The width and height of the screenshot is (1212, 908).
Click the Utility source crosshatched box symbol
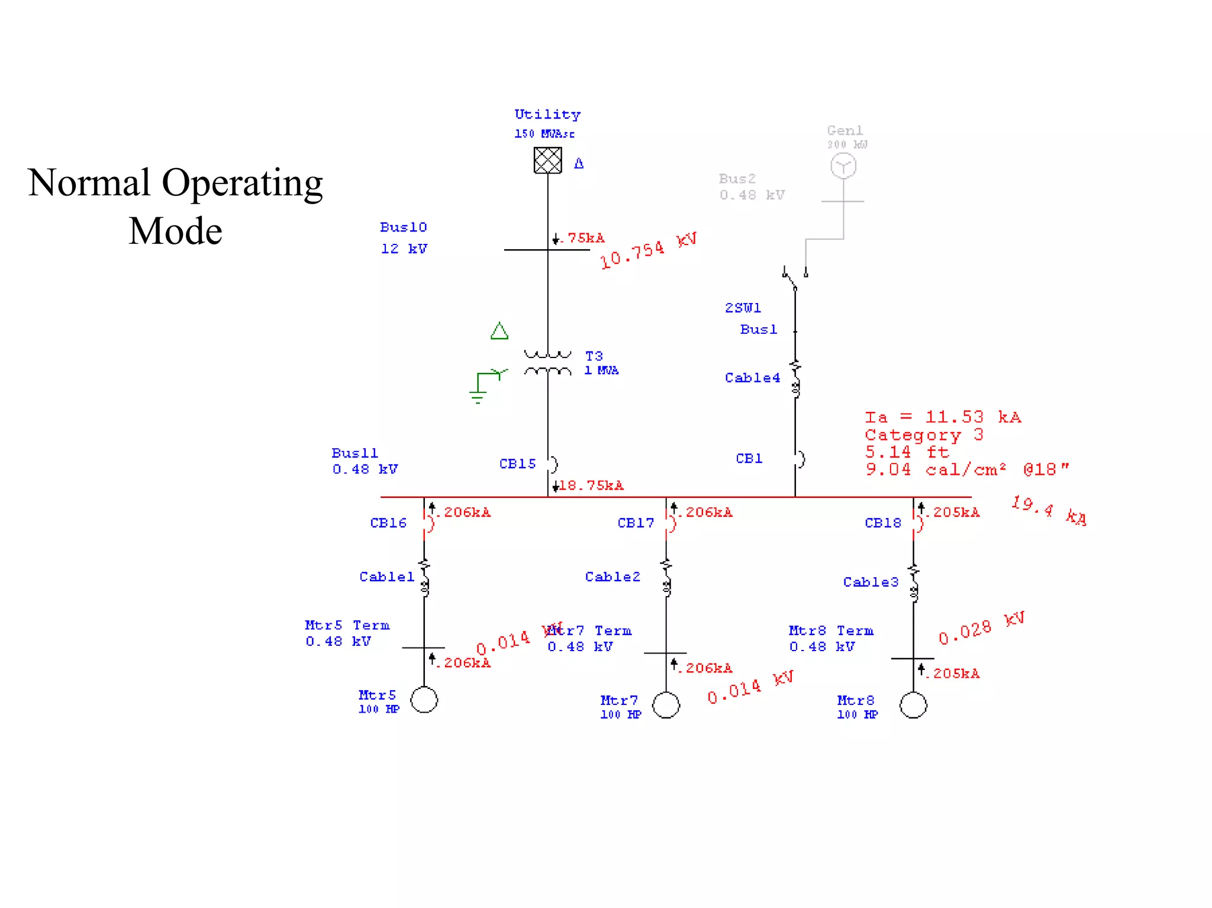click(547, 160)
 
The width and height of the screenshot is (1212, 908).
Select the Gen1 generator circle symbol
click(843, 166)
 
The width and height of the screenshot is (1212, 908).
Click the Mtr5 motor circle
click(424, 700)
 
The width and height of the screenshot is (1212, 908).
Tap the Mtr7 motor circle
click(666, 705)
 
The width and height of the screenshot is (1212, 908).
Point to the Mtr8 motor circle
click(913, 705)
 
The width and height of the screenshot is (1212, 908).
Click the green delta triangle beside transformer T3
click(499, 331)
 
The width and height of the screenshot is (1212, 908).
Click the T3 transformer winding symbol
click(547, 363)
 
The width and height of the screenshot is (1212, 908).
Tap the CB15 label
click(517, 464)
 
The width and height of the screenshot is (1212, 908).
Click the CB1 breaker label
click(749, 459)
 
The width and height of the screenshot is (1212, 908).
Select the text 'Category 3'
click(924, 435)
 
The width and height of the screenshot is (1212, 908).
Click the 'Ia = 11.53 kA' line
click(943, 417)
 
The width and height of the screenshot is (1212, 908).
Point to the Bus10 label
click(403, 227)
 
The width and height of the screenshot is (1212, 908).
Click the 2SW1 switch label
click(743, 308)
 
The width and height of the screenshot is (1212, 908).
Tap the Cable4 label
click(752, 378)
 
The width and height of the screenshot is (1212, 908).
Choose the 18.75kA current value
click(591, 486)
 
